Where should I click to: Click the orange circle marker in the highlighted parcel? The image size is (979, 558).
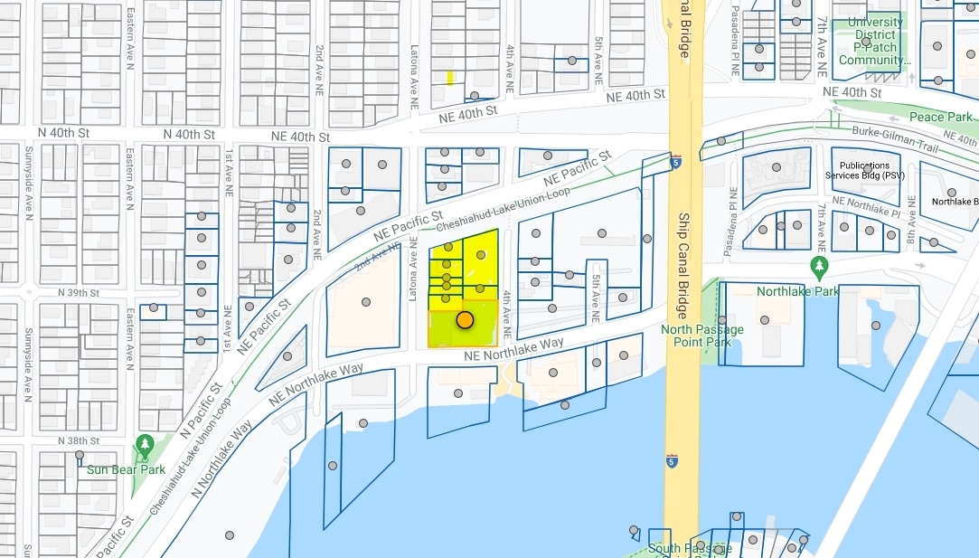point(465,319)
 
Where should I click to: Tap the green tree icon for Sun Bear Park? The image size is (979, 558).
point(145,445)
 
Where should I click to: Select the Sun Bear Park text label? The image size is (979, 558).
point(126,469)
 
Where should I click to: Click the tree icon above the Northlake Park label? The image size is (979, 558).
point(820,266)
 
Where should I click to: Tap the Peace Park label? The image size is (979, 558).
point(940,117)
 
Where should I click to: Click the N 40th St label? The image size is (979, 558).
point(189,134)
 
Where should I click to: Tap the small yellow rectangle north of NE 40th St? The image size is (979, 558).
point(450,79)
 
